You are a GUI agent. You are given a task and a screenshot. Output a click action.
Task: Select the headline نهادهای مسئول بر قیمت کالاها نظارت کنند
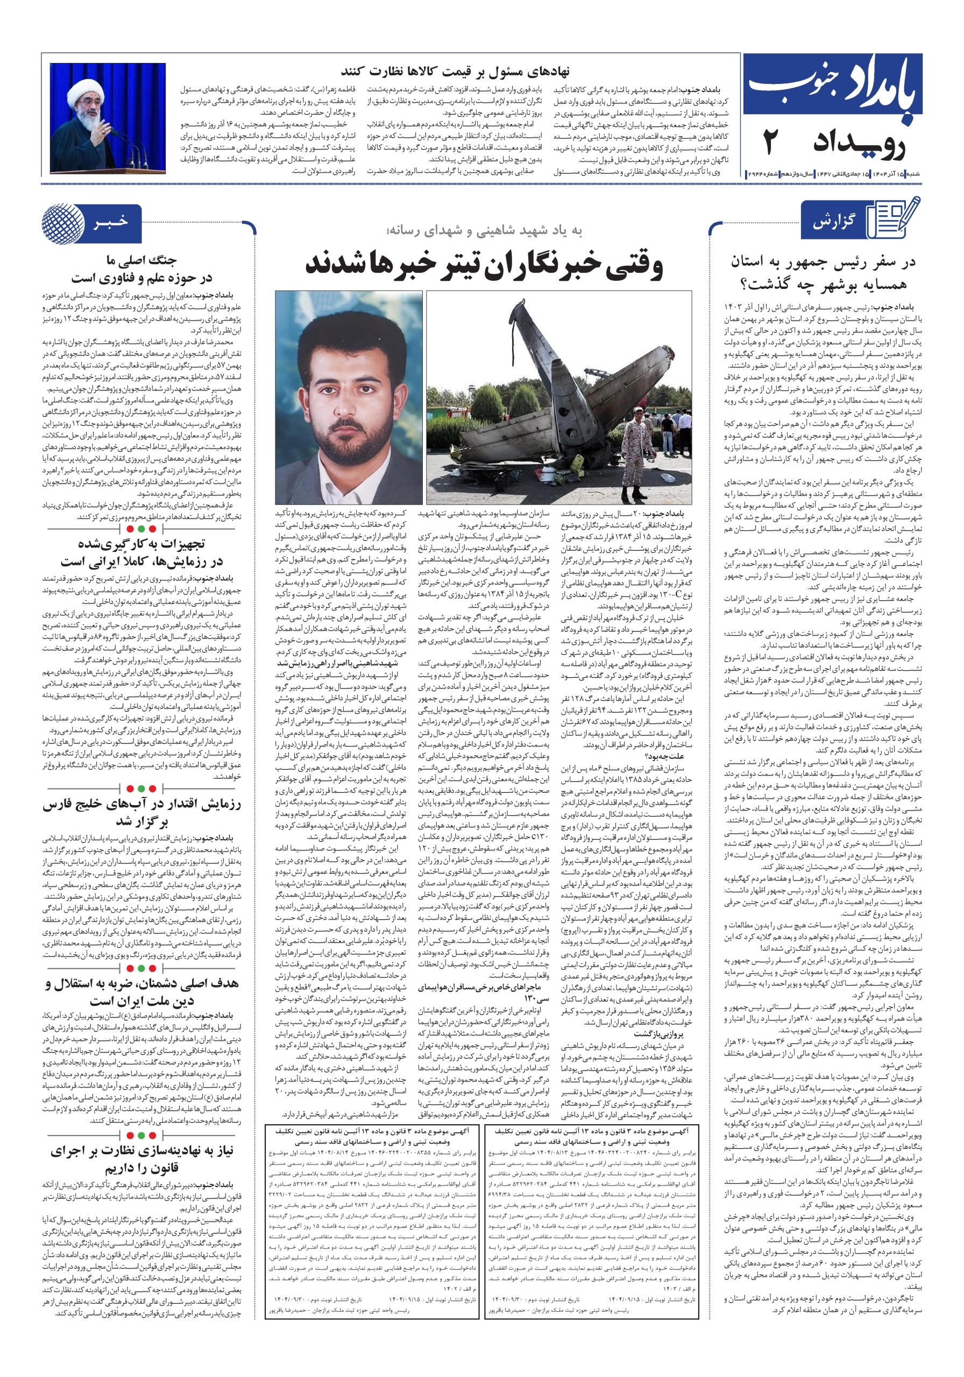click(455, 72)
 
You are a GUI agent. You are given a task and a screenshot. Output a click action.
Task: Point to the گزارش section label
click(834, 222)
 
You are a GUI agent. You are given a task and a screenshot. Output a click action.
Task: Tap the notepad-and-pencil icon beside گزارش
click(896, 219)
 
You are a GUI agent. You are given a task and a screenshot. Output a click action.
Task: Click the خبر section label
click(110, 223)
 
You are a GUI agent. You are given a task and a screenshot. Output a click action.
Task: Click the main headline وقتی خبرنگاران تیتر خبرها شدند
click(484, 266)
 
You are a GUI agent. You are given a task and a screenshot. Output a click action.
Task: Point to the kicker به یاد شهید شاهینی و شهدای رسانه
click(484, 231)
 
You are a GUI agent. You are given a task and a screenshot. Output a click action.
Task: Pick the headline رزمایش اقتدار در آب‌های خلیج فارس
click(141, 804)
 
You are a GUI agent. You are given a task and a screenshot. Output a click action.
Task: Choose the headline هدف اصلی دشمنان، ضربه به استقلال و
click(141, 984)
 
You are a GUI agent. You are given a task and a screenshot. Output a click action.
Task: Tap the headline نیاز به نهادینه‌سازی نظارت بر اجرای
click(141, 1151)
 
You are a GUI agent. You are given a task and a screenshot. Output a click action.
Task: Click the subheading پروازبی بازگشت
click(658, 1033)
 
